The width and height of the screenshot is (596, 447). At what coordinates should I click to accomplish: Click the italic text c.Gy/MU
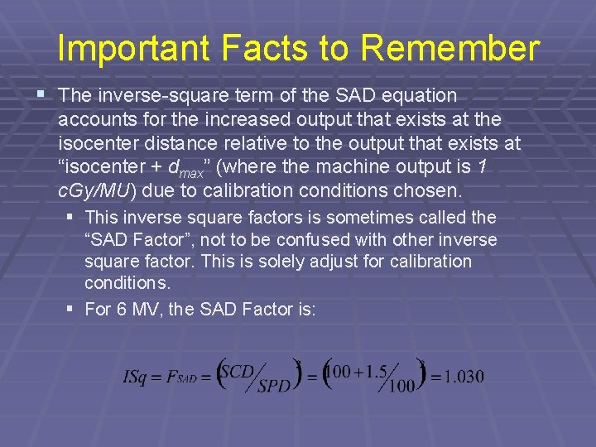94,191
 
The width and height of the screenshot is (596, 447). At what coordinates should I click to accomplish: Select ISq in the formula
135,377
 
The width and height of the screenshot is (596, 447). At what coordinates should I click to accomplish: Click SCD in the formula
238,372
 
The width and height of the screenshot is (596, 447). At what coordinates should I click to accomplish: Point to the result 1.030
464,377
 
